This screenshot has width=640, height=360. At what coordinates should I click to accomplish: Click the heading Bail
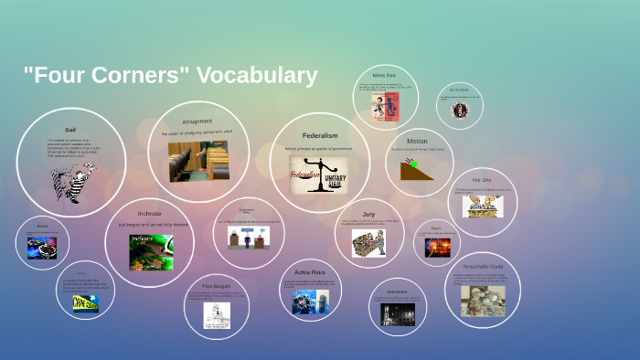(70, 131)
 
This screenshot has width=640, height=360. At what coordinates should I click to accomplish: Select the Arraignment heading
(197, 121)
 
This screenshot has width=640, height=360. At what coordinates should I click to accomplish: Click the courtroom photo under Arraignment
(198, 161)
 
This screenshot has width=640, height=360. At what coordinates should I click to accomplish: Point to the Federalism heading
(320, 136)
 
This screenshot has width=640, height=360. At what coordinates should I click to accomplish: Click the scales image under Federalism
(320, 172)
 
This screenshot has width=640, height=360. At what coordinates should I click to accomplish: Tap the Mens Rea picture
(385, 108)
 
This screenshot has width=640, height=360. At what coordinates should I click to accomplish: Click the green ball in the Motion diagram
(413, 164)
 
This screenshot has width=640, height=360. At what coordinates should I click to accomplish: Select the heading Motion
(417, 142)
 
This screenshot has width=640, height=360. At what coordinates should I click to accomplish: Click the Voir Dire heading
(482, 180)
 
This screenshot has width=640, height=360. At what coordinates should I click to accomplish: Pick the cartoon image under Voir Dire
(482, 206)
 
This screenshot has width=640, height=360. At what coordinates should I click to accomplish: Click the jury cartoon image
(368, 242)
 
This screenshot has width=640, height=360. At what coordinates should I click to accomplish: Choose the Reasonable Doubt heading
(483, 266)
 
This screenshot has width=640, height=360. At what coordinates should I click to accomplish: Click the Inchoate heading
(149, 213)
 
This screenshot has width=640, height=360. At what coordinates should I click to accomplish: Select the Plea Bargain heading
(216, 285)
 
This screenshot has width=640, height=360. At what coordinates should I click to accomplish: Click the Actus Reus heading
(310, 272)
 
